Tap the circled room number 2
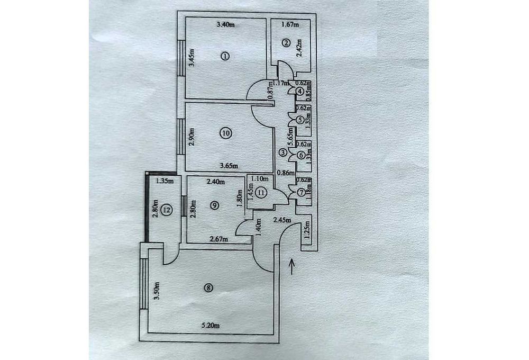[x=286, y=44]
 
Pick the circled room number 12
[x=166, y=210]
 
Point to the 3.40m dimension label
[x=225, y=24]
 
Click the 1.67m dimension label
[x=290, y=24]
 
